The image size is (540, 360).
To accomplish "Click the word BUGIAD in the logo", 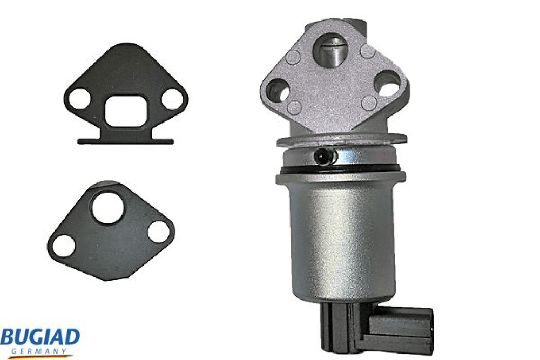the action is (x=40, y=337).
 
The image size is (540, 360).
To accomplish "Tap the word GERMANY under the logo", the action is (x=38, y=351).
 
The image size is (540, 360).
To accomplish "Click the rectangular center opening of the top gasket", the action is (x=126, y=111).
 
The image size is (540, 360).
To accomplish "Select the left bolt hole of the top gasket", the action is (x=79, y=99).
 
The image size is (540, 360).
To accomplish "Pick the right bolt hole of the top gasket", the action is (x=173, y=99).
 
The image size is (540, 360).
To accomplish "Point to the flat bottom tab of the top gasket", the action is (x=125, y=141).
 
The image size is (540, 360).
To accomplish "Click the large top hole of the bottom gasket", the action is (x=108, y=208).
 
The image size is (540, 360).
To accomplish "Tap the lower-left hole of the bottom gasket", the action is (x=64, y=246).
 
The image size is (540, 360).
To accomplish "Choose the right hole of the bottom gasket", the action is (x=159, y=232).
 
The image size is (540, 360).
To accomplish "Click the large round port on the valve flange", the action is (x=329, y=50).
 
